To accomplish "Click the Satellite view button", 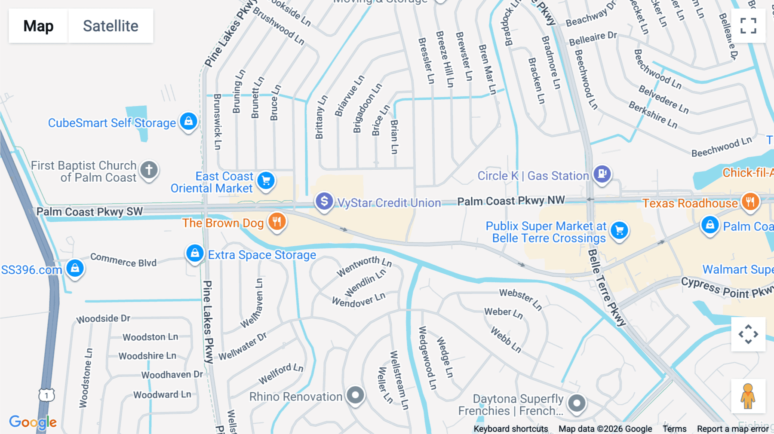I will click(x=111, y=26).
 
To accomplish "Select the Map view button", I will click(x=38, y=26).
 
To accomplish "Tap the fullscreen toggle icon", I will click(x=748, y=26).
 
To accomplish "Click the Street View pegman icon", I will click(x=748, y=396).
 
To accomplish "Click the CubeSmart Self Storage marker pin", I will click(x=188, y=122).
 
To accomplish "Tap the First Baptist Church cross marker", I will click(x=149, y=170).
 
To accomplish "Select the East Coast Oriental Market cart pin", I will click(x=266, y=181).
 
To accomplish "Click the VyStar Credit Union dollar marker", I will click(x=324, y=202).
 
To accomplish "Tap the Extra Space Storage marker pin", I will click(x=195, y=254).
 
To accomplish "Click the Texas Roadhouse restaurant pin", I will click(x=750, y=202).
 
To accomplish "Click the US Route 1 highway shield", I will click(x=46, y=395).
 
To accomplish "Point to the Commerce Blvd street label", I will click(x=123, y=260).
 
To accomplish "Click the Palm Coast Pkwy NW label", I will click(x=511, y=201).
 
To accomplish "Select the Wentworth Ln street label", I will click(x=364, y=266).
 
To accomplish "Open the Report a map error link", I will click(x=733, y=429).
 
